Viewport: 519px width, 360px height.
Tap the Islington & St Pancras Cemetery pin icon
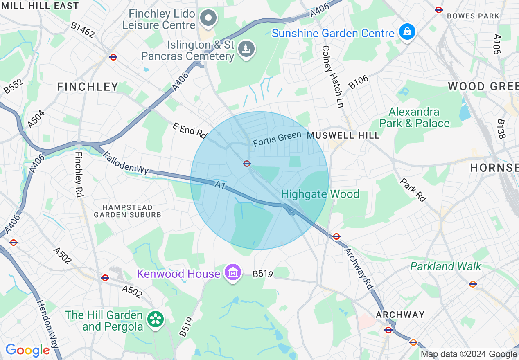pos(246,49)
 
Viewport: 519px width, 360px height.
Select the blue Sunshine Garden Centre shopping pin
pos(407,32)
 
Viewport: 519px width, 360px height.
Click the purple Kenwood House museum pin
pos(232,272)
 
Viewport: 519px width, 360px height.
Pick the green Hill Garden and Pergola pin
pos(156,319)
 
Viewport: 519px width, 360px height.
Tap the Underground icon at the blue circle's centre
pos(246,164)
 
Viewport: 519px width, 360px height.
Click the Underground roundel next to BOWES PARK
pos(439,9)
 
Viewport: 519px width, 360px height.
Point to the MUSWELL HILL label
pos(343,135)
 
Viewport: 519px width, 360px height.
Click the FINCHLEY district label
pos(88,87)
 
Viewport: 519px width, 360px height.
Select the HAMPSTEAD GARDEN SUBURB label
pos(127,211)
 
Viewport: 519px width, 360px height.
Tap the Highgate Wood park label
pos(320,194)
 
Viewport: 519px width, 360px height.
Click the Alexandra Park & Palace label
pos(414,117)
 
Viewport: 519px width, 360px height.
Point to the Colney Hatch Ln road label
pos(332,76)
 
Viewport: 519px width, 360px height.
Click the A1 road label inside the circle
pos(220,185)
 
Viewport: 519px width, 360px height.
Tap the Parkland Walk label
pos(446,267)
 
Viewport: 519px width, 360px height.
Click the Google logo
pos(27,350)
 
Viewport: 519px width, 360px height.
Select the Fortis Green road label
pos(277,139)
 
